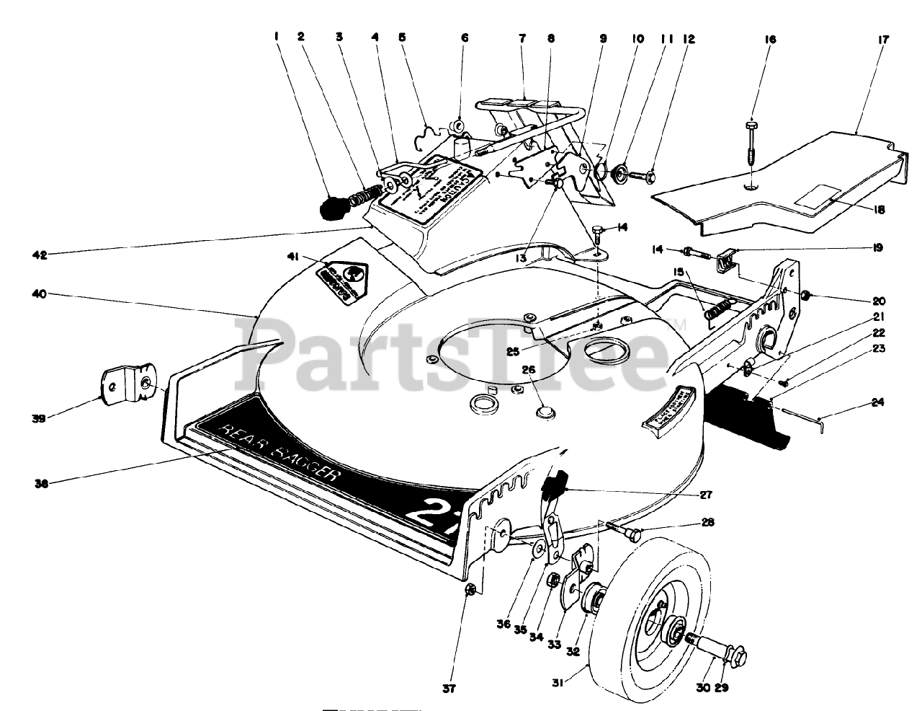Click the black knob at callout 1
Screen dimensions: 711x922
[x=333, y=208]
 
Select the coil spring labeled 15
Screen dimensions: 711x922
[x=719, y=312]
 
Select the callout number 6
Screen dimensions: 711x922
[x=464, y=39]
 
